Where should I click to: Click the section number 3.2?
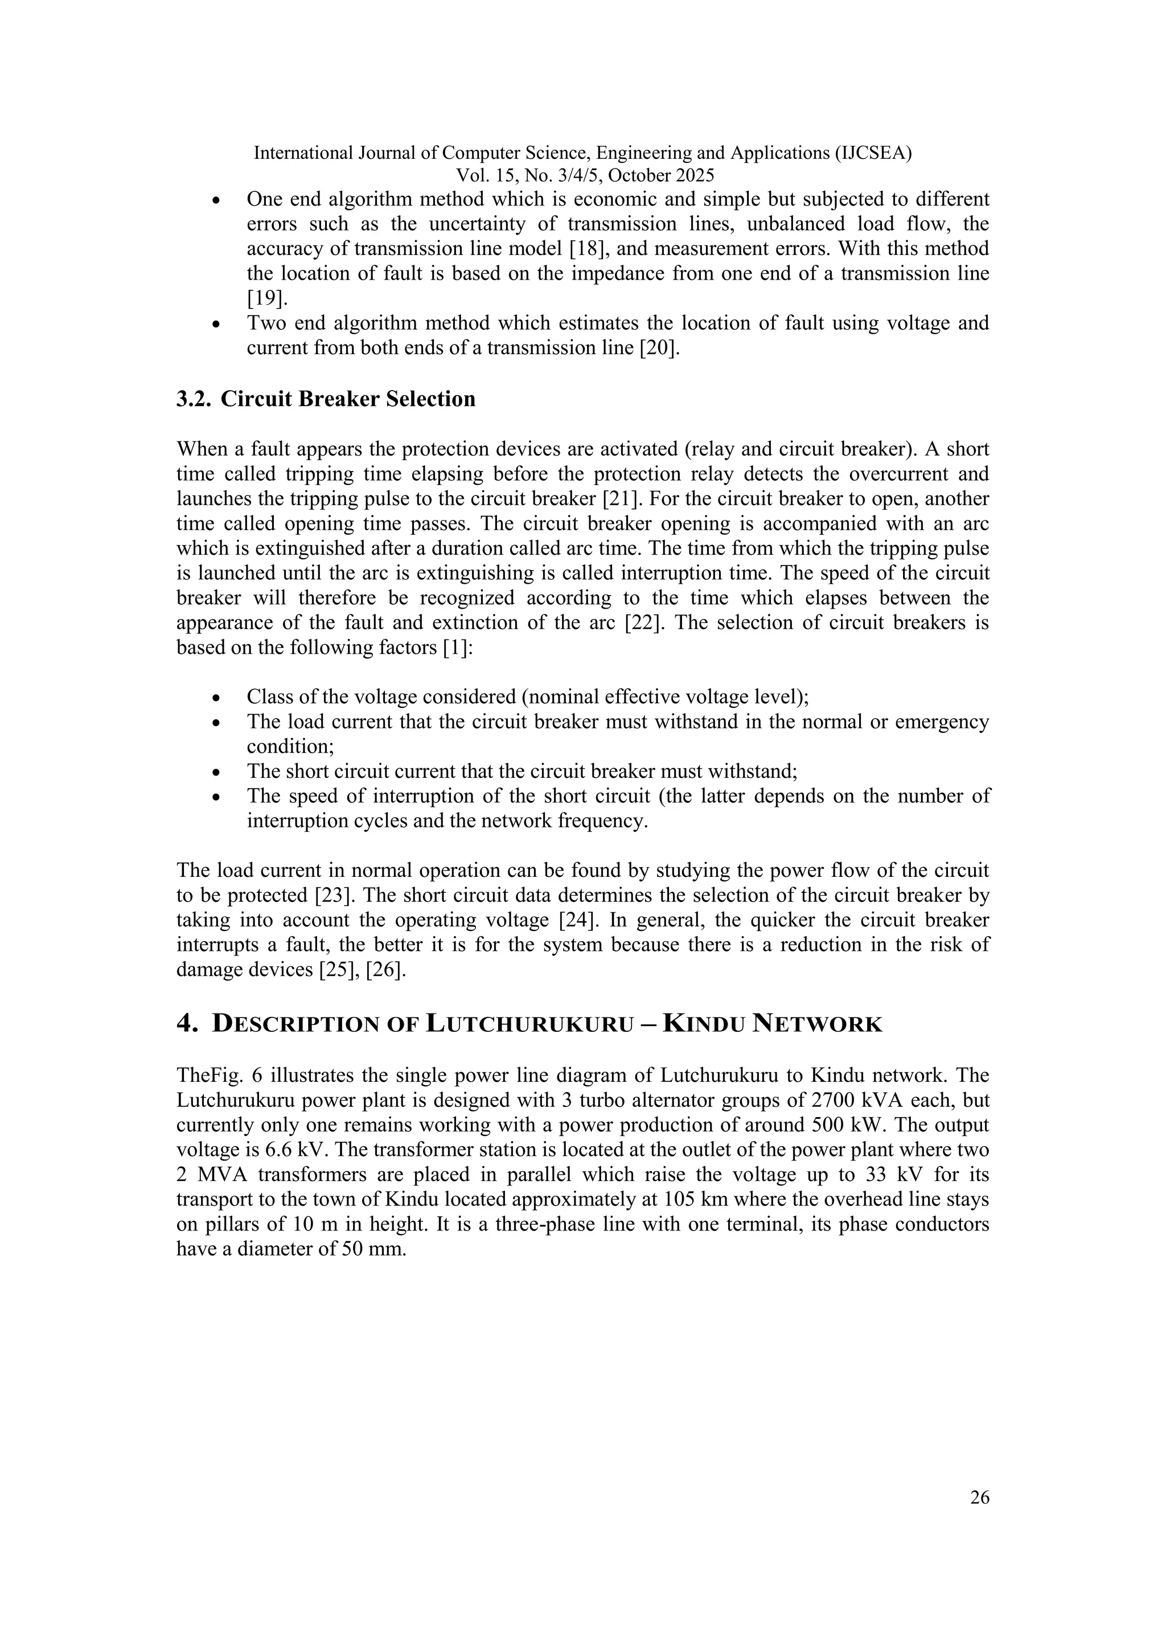pyautogui.click(x=194, y=399)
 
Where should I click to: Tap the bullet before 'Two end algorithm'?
pyautogui.click(x=217, y=325)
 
